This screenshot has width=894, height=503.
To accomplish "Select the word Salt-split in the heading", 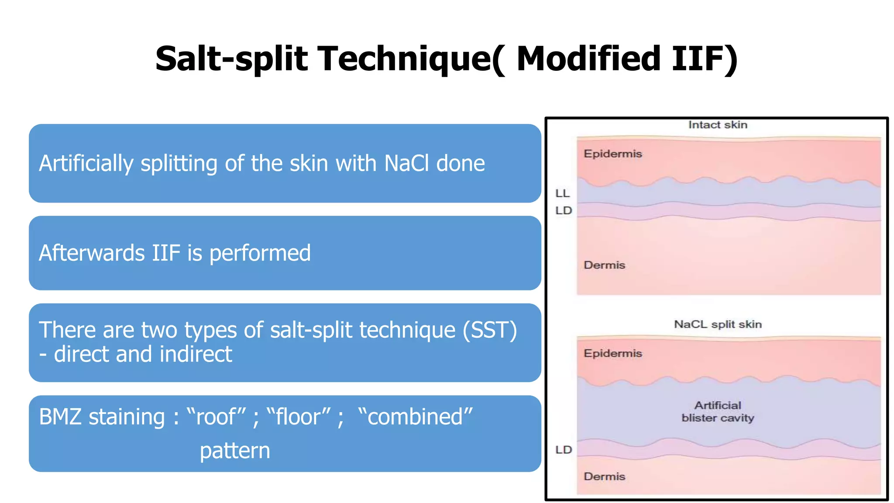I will (232, 59).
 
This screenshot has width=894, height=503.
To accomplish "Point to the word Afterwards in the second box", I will (92, 253).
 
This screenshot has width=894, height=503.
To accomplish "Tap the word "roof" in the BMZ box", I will (216, 417).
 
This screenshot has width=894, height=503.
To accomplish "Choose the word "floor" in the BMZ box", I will (298, 417).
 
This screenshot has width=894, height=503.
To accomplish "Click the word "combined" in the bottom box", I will (415, 417).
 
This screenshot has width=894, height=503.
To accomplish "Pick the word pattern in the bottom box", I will (235, 451).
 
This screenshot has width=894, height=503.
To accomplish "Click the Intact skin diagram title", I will (718, 125).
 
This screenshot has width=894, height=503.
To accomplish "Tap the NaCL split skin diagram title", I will (718, 324).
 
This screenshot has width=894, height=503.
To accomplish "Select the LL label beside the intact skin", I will (563, 193).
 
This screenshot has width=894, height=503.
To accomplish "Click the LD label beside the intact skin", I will (564, 211).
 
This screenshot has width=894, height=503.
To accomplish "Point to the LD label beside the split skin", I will (564, 450).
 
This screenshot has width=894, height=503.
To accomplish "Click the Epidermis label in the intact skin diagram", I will (613, 154).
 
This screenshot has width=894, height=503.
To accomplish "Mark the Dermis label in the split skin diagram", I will (605, 476).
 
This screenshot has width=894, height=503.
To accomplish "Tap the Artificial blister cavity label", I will (718, 412).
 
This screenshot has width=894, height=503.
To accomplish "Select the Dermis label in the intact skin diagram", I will (605, 265).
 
